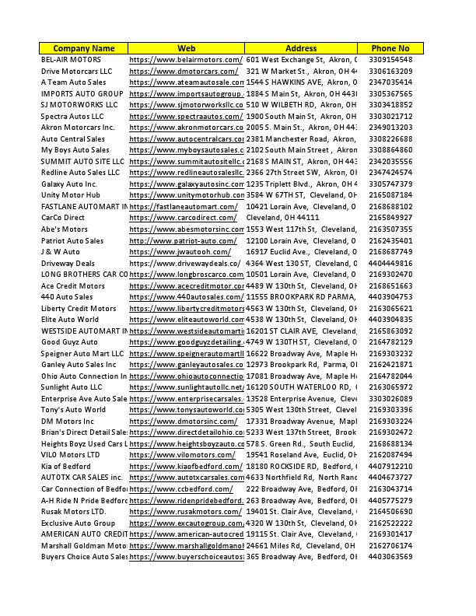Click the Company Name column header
tap(84, 48)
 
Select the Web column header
tap(186, 48)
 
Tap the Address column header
tap(301, 48)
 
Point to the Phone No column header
tap(390, 48)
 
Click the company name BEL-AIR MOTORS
tap(71, 60)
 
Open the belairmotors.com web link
tap(186, 60)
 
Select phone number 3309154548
tap(390, 60)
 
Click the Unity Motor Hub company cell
tap(71, 194)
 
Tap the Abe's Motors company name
tap(65, 229)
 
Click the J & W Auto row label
tap(61, 251)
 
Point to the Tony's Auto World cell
tap(73, 409)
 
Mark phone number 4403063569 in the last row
tap(390, 556)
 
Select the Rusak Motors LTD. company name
tap(73, 511)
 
